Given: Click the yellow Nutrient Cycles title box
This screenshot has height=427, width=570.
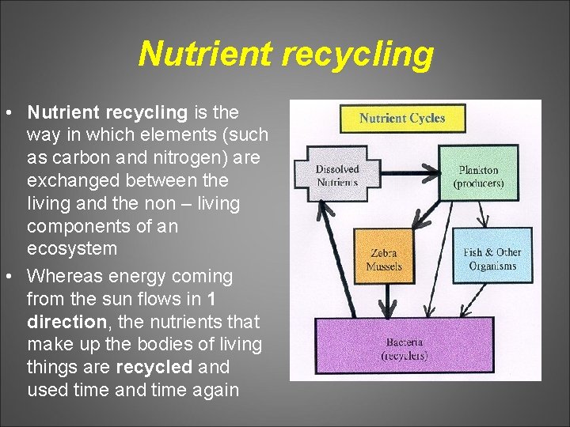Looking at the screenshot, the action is tap(402, 119).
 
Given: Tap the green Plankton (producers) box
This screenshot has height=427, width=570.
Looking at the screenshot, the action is tap(478, 176).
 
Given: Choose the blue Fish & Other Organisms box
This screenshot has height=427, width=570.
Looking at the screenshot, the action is tap(492, 259).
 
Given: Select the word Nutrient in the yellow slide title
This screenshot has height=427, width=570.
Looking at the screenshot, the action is tap(205, 55).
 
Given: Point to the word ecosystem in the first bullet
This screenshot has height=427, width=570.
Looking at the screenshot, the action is tap(72, 248).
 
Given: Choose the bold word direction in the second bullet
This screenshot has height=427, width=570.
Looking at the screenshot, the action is tap(66, 322).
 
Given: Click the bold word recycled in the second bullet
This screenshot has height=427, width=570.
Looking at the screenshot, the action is tap(154, 367).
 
